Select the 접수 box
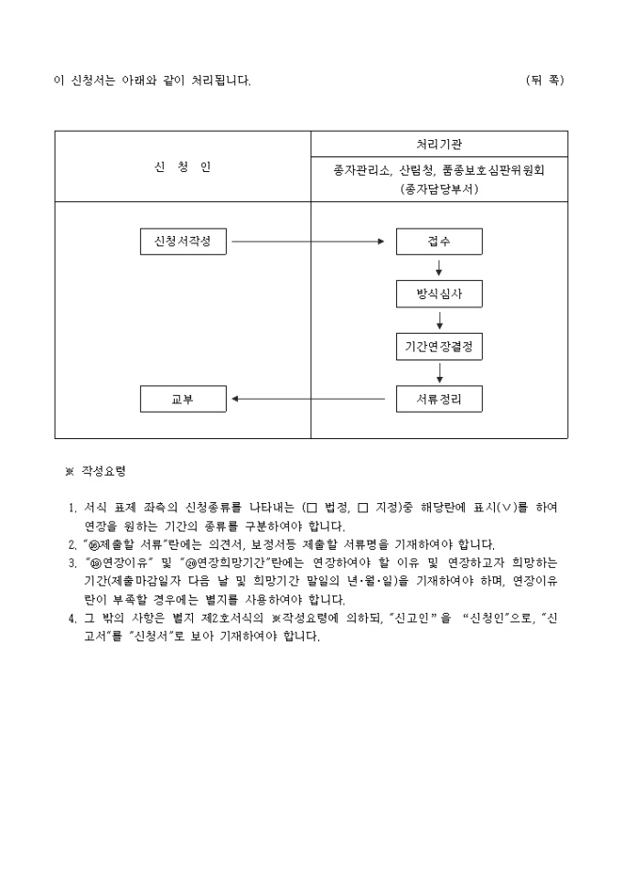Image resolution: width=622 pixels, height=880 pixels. coord(439,241)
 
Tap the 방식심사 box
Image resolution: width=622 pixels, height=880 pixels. coord(439,294)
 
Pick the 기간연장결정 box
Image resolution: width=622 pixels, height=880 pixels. coord(439,347)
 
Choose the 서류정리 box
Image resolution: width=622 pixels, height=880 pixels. coord(439,399)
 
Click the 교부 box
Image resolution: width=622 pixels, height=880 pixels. coord(183,399)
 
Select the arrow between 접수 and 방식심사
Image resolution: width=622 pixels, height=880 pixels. coord(439,267)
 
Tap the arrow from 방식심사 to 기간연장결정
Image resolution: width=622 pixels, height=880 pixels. coord(439,320)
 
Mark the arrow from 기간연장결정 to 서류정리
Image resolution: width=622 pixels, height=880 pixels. coord(439,372)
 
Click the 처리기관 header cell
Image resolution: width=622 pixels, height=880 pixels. coord(439,145)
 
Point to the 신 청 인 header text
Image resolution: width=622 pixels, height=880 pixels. coord(183,166)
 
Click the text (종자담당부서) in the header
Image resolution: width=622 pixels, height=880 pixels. coord(439,189)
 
